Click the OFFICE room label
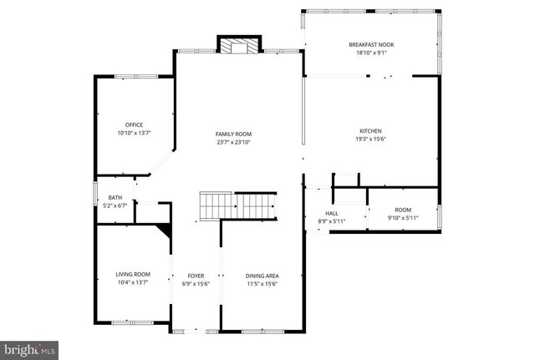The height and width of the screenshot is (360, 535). tap(134, 124)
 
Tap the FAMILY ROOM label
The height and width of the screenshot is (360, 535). tap(233, 134)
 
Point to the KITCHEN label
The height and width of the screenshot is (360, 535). tap(370, 131)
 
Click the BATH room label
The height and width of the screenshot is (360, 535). tap(115, 197)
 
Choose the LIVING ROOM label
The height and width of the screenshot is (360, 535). tap(132, 274)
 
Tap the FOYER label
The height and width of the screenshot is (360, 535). tap(196, 275)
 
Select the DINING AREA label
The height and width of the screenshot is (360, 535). tap(262, 275)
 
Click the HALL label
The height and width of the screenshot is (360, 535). tap(332, 213)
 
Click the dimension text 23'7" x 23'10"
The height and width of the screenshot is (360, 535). tap(233, 142)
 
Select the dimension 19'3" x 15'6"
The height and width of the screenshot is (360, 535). tap(370, 139)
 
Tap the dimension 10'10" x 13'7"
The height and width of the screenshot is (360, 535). tap(134, 133)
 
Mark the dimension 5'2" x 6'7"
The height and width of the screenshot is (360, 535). tap(115, 205)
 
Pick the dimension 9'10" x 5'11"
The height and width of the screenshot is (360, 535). tap(403, 218)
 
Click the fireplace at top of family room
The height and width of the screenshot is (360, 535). tap(239, 46)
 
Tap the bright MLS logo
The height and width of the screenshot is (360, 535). tap(29, 348)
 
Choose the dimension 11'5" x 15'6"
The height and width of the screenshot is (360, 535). tap(262, 283)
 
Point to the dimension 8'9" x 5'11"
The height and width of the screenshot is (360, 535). tap(332, 221)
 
